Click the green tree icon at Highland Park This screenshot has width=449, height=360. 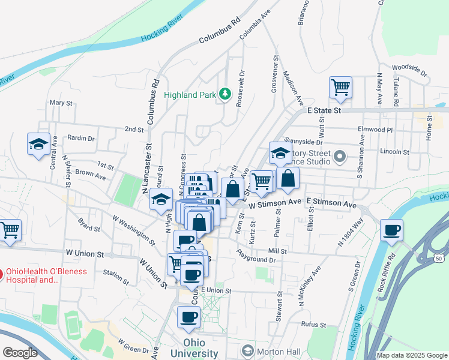pyautogui.click(x=224, y=94)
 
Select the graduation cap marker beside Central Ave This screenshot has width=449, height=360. pyautogui.click(x=38, y=144)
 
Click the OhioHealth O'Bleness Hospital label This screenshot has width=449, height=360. pyautogui.click(x=46, y=275)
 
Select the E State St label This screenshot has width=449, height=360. pyautogui.click(x=324, y=111)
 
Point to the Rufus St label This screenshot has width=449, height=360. pyautogui.click(x=313, y=325)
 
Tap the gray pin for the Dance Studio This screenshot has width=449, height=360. pyautogui.click(x=340, y=157)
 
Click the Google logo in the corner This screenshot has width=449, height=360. pyautogui.click(x=20, y=353)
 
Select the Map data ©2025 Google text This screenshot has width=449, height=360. pyautogui.click(x=412, y=355)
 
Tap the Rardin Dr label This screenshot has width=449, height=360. pyautogui.click(x=81, y=139)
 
